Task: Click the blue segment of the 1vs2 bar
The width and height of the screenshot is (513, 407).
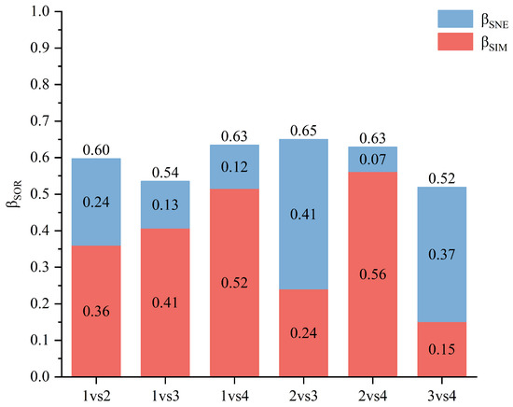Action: point(96,202)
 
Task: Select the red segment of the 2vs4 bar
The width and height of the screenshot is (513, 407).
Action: point(373,274)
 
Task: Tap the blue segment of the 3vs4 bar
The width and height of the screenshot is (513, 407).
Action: point(442,255)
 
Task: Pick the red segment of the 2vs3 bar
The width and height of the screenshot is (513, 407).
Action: point(304,333)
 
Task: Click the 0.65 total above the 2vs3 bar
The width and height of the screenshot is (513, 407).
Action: point(304,131)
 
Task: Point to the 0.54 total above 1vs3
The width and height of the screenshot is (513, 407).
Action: point(165,173)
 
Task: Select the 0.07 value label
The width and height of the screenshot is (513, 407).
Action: point(373,160)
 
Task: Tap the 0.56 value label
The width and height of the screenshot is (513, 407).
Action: point(373,274)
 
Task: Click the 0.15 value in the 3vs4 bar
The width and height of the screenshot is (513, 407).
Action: point(442,350)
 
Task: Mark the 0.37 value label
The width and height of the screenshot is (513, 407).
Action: point(442,255)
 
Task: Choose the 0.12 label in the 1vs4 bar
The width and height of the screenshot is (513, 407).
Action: point(234,167)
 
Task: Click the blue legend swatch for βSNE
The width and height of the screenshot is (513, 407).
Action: point(455,19)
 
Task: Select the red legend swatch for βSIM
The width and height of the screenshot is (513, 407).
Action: point(455,42)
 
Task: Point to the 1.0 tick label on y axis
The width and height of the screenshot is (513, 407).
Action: point(40,11)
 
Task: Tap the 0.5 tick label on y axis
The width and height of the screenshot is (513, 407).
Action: point(40,194)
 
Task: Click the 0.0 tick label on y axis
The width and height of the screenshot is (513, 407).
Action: point(40,377)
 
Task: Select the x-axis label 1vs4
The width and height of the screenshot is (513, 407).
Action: point(234,396)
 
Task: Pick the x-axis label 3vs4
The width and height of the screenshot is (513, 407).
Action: point(442,396)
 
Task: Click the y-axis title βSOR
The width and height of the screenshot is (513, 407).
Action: point(14,194)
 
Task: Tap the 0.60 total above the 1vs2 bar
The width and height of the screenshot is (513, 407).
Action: point(96,150)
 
